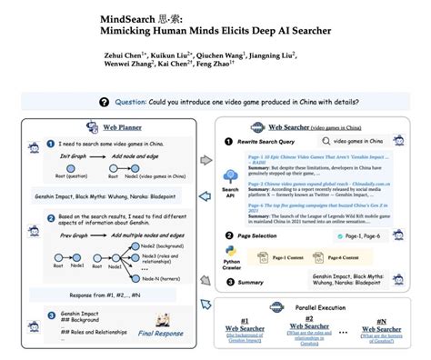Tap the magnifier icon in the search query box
332,140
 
